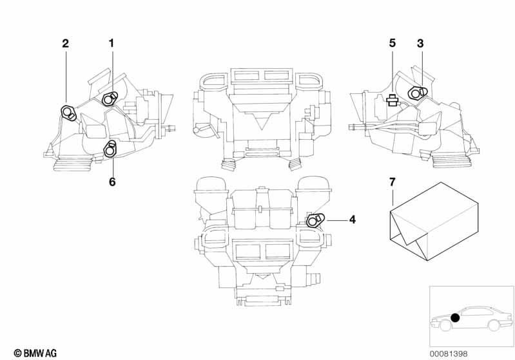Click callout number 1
pyautogui.click(x=111, y=43)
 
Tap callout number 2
pyautogui.click(x=65, y=43)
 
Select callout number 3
pyautogui.click(x=420, y=43)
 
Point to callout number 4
pyautogui.click(x=352, y=220)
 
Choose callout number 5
pyautogui.click(x=392, y=43)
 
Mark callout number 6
pyautogui.click(x=112, y=182)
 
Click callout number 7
pyautogui.click(x=392, y=182)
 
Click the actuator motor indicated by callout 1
pyautogui.click(x=110, y=99)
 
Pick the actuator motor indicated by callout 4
pyautogui.click(x=315, y=220)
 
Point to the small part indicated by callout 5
pyautogui.click(x=391, y=100)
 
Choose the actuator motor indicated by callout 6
pyautogui.click(x=111, y=151)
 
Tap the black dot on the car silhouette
pyautogui.click(x=455, y=317)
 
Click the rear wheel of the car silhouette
pyautogui.click(x=494, y=326)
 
